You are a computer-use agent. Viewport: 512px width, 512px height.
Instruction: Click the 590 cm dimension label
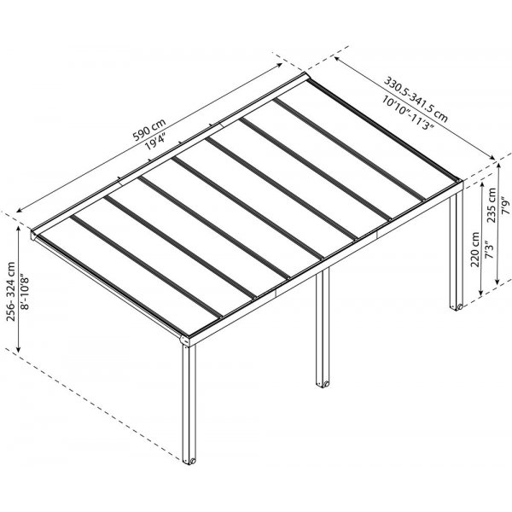tap(149, 130)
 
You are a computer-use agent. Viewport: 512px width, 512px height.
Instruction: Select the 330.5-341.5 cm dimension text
tap(416, 99)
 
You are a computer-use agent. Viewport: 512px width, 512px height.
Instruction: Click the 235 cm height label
tap(492, 206)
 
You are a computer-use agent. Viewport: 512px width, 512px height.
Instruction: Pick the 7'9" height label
tap(505, 205)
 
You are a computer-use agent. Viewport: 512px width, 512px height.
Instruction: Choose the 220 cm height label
tap(475, 249)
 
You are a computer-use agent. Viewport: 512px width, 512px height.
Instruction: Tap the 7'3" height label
tap(489, 250)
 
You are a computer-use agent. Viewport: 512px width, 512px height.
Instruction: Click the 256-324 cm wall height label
tap(11, 291)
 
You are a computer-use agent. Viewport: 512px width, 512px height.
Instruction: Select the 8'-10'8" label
tap(25, 293)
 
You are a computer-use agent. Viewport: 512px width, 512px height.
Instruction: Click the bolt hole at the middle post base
tap(325, 383)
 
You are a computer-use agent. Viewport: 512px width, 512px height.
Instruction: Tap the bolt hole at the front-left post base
tap(192, 461)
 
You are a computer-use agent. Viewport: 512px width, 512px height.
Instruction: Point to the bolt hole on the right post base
tap(460, 306)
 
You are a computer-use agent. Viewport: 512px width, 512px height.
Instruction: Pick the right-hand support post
tap(457, 252)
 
